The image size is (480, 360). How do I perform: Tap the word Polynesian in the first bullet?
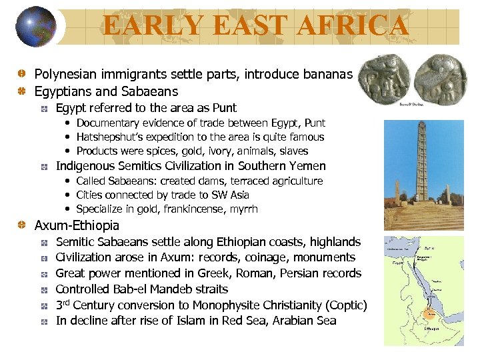pyautogui.click(x=66, y=75)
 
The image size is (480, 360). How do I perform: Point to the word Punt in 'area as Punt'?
pyautogui.click(x=225, y=108)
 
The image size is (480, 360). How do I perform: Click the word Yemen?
pyautogui.click(x=309, y=166)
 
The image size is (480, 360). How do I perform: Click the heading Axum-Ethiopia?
pyautogui.click(x=77, y=226)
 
